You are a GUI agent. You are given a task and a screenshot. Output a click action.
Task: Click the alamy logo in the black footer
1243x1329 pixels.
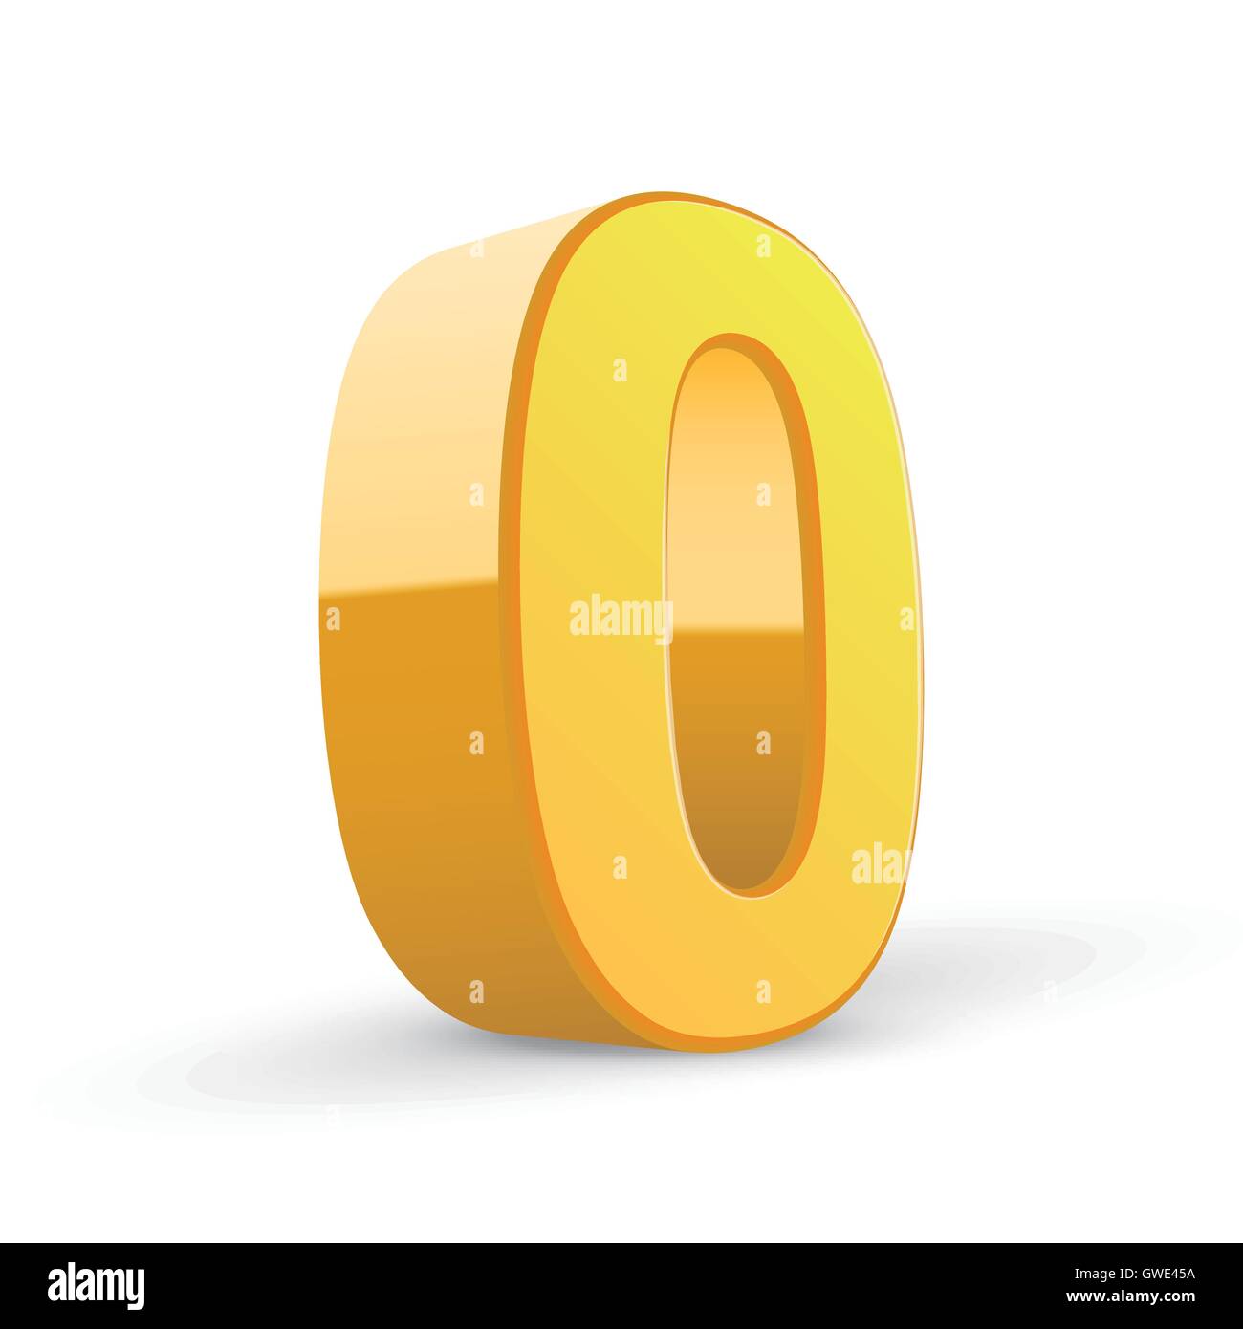[x=96, y=1286]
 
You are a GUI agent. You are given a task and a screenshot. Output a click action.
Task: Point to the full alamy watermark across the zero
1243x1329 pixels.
[x=621, y=619]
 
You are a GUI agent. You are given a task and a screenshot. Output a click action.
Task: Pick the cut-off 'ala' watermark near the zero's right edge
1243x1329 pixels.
[x=880, y=864]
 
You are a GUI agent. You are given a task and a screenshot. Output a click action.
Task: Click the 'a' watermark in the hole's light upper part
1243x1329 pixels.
[x=763, y=494]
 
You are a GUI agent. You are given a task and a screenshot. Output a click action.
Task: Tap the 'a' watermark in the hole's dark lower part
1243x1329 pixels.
[x=763, y=743]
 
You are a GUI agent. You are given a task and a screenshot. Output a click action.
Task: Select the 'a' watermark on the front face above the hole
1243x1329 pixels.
[x=763, y=246]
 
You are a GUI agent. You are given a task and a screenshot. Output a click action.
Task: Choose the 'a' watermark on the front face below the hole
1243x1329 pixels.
[x=763, y=991]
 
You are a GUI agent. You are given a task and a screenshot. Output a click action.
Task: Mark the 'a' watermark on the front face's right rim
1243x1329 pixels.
[x=905, y=619]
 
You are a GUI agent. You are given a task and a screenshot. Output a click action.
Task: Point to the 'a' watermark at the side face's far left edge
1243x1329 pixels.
[x=333, y=619]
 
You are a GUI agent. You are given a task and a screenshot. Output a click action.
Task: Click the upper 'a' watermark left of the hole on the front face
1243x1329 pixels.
[x=621, y=370]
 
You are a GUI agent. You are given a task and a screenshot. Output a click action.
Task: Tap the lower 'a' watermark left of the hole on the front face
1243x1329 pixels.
[x=621, y=867]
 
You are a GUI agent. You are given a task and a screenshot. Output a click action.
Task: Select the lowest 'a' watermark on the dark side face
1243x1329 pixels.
[x=476, y=991]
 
